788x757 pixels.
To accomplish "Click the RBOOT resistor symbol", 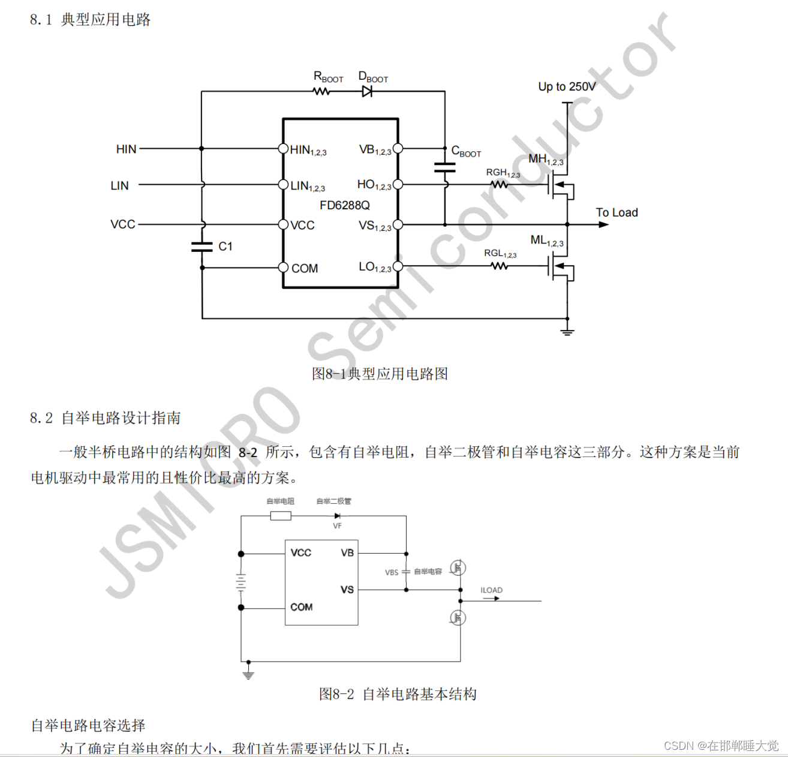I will tap(321, 92).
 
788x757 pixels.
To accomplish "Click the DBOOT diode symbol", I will tap(367, 92).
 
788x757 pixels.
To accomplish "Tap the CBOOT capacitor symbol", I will tap(444, 167).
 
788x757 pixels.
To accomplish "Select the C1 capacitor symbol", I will tap(202, 246).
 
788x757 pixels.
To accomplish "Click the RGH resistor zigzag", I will tap(499, 185).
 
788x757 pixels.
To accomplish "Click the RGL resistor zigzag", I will tap(499, 266).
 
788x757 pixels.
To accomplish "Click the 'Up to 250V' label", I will tap(567, 86).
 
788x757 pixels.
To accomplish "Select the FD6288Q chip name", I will tap(345, 205).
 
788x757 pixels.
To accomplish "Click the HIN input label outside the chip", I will tap(126, 149).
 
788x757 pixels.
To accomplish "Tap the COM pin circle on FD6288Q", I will tap(284, 268).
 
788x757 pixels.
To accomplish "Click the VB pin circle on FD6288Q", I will tap(398, 148).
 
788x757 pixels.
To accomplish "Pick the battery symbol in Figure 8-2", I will tap(241, 581).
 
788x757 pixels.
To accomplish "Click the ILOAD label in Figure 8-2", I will tap(491, 590).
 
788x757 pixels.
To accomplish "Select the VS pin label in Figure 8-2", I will tap(347, 590).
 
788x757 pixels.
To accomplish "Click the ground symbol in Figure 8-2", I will tap(248, 674).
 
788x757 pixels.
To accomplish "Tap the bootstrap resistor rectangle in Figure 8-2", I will tap(281, 516).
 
